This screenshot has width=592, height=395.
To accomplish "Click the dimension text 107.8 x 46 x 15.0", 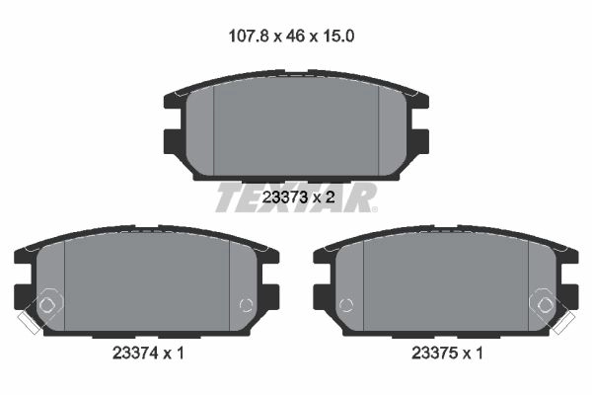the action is click(x=291, y=37).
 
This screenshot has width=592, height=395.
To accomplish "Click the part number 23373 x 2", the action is click(x=298, y=197).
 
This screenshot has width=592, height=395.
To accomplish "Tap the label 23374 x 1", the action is click(x=148, y=354).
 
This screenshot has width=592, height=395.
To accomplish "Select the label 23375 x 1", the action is click(x=447, y=354).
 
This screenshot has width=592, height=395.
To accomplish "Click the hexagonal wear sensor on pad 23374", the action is click(x=47, y=303).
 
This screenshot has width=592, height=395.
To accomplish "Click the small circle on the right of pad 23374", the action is click(x=246, y=305).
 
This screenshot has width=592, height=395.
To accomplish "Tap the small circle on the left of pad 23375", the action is click(x=346, y=305).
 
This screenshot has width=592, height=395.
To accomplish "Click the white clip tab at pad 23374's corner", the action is click(x=29, y=324).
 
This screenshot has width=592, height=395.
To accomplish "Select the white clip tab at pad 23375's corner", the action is click(x=563, y=324).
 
